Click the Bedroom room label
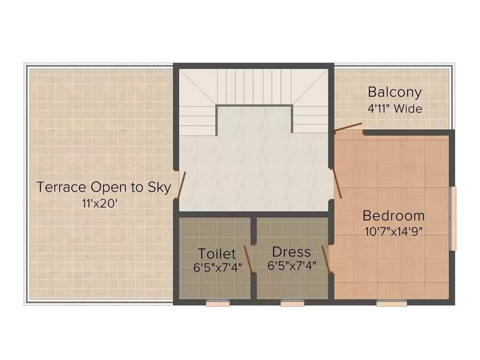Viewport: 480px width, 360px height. tap(393, 216)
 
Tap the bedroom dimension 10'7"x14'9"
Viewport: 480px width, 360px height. tap(394, 231)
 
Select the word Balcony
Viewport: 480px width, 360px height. tap(394, 91)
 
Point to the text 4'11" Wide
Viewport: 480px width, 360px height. tap(395, 109)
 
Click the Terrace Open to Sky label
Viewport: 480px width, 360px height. tap(103, 187)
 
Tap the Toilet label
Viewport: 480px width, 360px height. tap(216, 254)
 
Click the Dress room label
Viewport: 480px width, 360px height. tap(291, 252)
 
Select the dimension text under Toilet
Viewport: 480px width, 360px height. tap(216, 268)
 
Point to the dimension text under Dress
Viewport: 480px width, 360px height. tap(291, 266)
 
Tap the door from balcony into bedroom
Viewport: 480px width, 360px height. tap(348, 126)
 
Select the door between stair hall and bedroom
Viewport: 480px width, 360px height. tap(336, 183)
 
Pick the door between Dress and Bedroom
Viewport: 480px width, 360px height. tap(326, 258)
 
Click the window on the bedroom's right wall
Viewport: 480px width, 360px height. tap(452, 218)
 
